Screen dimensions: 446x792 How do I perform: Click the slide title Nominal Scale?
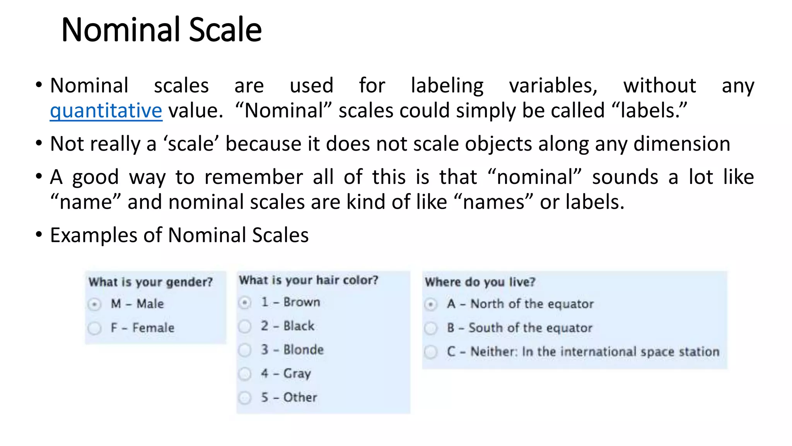click(x=161, y=30)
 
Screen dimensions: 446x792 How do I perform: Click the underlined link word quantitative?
click(x=106, y=111)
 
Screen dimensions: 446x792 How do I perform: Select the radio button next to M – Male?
click(x=94, y=304)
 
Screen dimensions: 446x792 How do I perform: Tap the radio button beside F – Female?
click(x=94, y=328)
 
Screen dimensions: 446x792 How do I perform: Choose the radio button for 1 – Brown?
click(x=245, y=302)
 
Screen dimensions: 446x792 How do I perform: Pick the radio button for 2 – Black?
click(x=245, y=326)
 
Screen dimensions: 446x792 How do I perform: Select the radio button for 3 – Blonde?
click(x=245, y=350)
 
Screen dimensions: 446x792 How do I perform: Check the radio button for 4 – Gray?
click(x=245, y=374)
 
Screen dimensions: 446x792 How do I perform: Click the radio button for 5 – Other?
click(x=245, y=398)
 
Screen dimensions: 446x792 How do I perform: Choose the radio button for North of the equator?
click(x=431, y=304)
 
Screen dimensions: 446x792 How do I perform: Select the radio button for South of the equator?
click(x=431, y=328)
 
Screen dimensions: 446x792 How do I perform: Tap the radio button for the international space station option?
click(x=431, y=352)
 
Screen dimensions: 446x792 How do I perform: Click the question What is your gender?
click(x=150, y=282)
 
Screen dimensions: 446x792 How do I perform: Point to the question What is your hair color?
click(x=308, y=280)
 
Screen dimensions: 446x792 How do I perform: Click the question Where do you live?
click(x=480, y=282)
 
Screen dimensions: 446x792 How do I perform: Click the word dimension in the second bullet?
click(x=682, y=144)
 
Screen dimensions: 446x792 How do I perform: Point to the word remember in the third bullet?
click(x=254, y=177)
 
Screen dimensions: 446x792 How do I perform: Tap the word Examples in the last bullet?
click(x=94, y=235)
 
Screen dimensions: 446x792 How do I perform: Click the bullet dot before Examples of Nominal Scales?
click(x=38, y=234)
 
